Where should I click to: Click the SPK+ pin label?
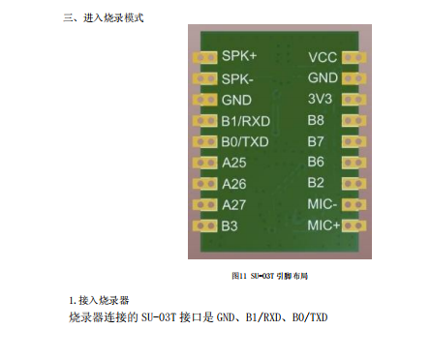tap(237, 57)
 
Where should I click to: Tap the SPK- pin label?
tap(236, 78)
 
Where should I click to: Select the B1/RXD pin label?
tap(245, 121)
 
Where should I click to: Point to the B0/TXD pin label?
tap(245, 141)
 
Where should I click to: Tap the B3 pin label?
tap(230, 225)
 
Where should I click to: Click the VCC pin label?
tap(323, 57)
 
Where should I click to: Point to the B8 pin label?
tap(316, 121)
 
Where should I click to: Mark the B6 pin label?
tap(316, 162)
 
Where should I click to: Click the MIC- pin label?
tap(322, 204)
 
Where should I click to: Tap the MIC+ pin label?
tap(323, 225)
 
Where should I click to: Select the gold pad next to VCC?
tap(354, 57)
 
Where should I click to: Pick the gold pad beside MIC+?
tap(354, 225)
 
